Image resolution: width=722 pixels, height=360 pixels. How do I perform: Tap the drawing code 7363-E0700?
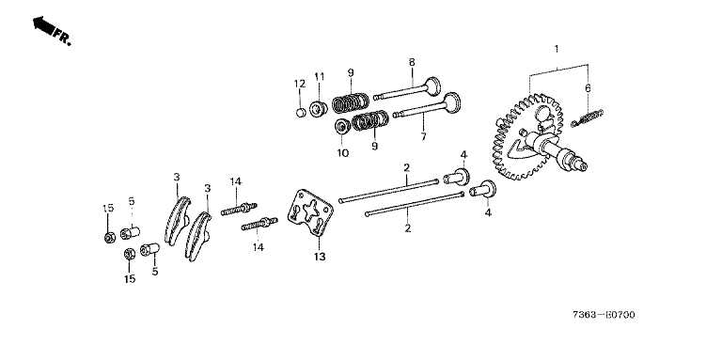coord(604,315)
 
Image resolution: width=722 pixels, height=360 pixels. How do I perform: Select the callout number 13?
coord(320,257)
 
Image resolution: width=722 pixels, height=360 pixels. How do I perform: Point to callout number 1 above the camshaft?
coord(557,49)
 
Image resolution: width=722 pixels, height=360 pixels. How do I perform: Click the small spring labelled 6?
coord(587,117)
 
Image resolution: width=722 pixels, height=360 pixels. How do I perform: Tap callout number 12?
coord(300,84)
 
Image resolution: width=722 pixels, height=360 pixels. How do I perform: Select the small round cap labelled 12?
coord(300,113)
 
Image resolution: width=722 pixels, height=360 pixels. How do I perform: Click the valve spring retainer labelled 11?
coord(318,109)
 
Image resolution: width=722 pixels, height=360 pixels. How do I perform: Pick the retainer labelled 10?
coord(341,126)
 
